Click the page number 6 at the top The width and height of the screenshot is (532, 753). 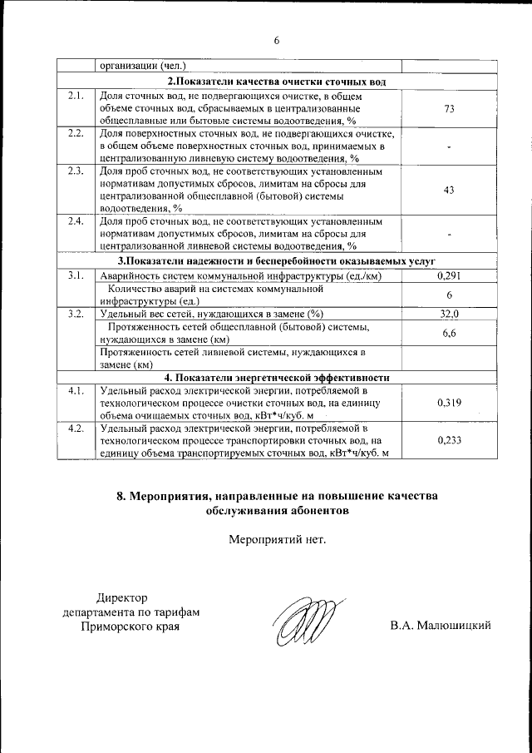click(x=277, y=40)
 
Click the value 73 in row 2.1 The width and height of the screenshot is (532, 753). click(x=449, y=109)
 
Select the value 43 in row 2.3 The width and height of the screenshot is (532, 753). click(x=449, y=191)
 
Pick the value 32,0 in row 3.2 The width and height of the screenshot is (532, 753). click(x=449, y=314)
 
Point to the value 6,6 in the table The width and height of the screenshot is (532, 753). click(x=449, y=333)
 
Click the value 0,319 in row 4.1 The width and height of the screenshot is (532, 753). click(x=449, y=403)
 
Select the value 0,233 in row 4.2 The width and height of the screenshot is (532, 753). click(x=449, y=440)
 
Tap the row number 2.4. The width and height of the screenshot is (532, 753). click(x=76, y=222)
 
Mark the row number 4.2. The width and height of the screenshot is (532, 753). click(x=76, y=429)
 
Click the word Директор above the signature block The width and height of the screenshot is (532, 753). click(x=121, y=597)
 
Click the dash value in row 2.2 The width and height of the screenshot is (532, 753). click(x=449, y=147)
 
